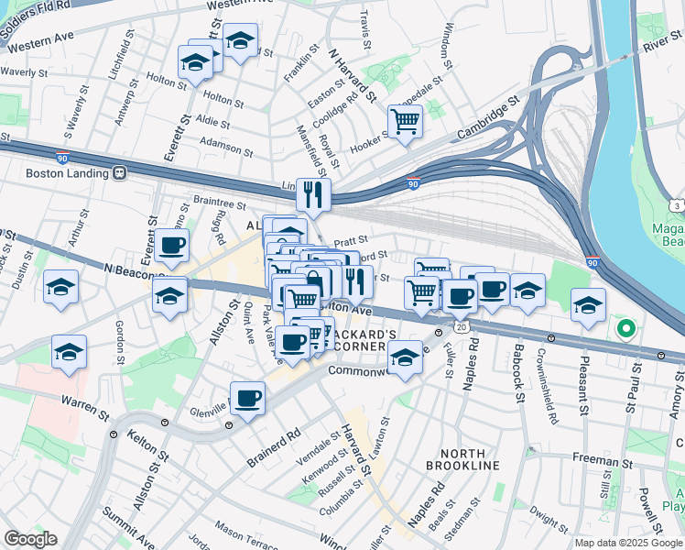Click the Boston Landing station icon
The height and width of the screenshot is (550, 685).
pos(119,172)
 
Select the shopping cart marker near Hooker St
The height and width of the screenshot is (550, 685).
pos(404,119)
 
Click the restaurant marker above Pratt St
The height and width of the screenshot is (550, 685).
pos(313,193)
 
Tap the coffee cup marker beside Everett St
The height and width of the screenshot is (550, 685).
pos(171,245)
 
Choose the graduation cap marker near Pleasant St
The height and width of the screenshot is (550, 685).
pos(588,304)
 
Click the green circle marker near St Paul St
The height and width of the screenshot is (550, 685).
pos(626,327)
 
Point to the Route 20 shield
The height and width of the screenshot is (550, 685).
pos(462,325)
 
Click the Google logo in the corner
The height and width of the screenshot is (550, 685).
pos(30,538)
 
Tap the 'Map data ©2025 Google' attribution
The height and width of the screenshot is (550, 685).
pos(627,543)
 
